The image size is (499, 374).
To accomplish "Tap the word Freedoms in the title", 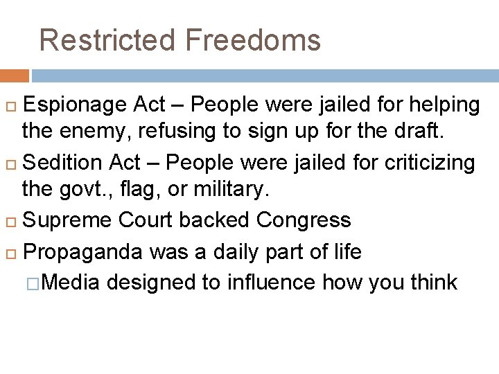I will tap(253, 39).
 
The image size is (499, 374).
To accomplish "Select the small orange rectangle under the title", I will tap(15, 75).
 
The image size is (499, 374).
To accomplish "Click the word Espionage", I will tap(75, 105).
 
